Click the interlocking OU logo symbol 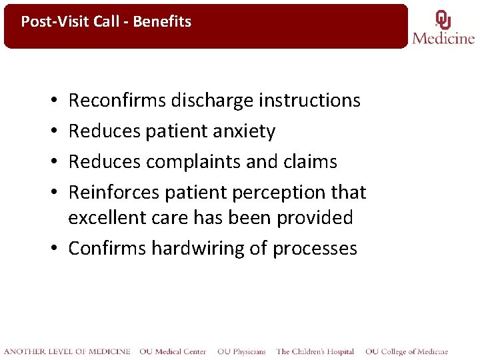[x=443, y=19]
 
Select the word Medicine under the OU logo [x=443, y=38]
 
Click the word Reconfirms [x=117, y=101]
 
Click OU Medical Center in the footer [x=173, y=351]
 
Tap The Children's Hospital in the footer [x=315, y=351]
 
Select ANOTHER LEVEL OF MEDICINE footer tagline [x=67, y=351]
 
